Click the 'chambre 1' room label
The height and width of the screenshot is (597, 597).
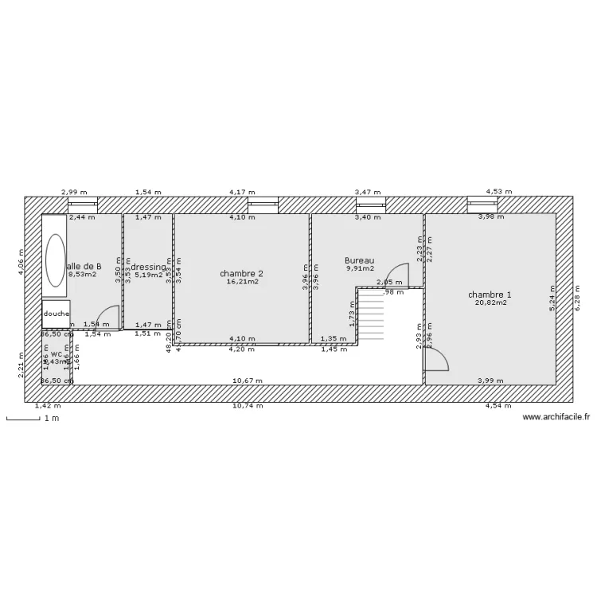coord(490,295)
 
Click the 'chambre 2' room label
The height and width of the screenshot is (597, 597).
coord(242,273)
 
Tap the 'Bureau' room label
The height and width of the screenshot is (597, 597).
coord(359,260)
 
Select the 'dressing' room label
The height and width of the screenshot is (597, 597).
coord(148,267)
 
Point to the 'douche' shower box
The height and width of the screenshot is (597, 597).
coord(56,314)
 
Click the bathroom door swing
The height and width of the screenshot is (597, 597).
coord(107,318)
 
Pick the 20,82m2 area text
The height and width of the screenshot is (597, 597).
coord(490,302)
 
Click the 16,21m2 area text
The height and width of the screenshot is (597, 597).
coord(242,281)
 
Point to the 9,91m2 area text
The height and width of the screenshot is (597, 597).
coord(359,268)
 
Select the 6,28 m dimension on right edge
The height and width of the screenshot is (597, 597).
coord(579,298)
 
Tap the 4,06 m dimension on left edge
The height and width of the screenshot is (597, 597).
coord(21,261)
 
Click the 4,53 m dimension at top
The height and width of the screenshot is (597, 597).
coord(500,192)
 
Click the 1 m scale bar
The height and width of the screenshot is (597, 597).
coord(24,419)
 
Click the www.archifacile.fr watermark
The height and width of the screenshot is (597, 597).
coord(556,416)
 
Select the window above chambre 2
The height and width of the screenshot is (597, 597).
coord(260,205)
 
